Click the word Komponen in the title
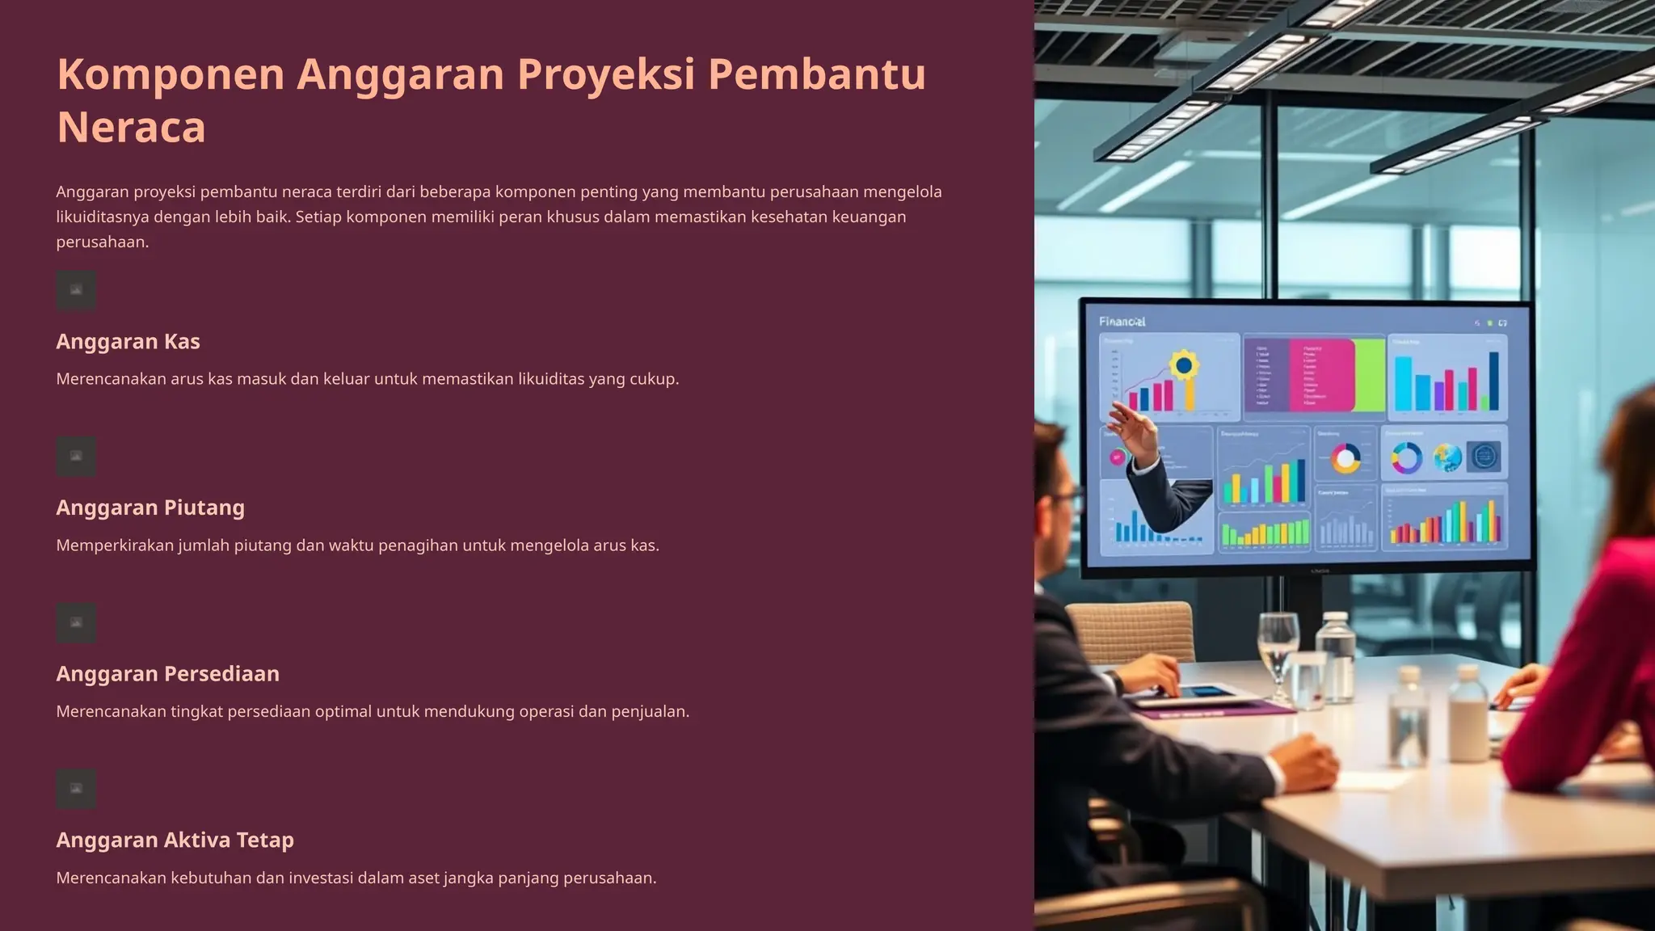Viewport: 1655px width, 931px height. click(171, 74)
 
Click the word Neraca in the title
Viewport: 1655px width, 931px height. click(131, 128)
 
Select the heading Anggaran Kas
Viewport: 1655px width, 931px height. click(128, 342)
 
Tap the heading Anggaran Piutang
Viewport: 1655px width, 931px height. click(150, 508)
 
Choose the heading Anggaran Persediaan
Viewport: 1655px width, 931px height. click(167, 674)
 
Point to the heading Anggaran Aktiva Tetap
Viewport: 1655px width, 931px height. click(175, 840)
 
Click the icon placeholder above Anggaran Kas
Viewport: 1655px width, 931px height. click(76, 290)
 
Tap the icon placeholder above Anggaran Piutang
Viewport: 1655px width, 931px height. click(76, 457)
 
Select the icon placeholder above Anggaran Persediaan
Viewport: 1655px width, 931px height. click(76, 623)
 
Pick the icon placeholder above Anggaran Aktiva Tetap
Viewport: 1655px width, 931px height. click(76, 790)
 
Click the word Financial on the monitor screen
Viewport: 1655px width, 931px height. click(1122, 322)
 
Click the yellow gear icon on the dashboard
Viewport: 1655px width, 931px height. click(1183, 365)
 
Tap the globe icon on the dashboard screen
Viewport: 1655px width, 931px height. click(1447, 457)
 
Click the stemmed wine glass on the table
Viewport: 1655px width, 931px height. click(1278, 647)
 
